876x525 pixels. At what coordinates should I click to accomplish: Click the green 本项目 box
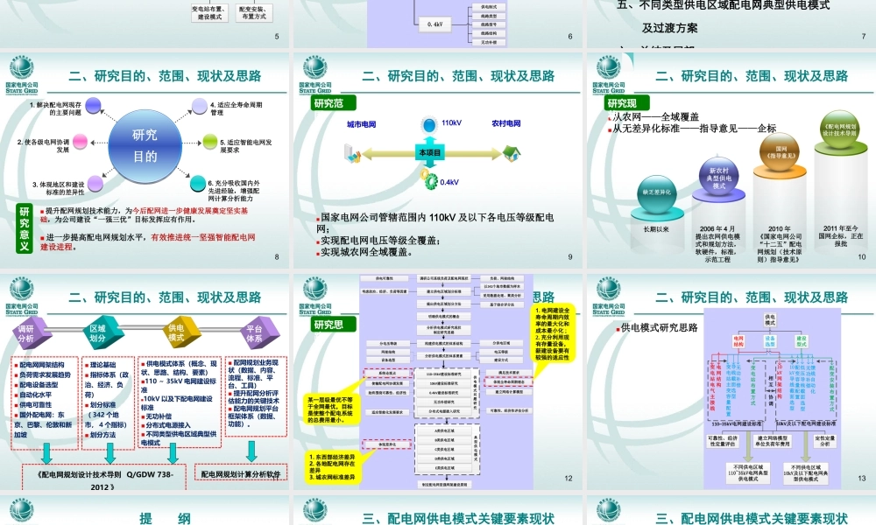click(x=431, y=152)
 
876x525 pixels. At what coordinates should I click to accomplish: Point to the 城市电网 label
click(x=361, y=124)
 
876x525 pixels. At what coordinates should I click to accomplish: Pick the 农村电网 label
click(x=505, y=124)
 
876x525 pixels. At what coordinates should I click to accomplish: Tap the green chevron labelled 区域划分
click(x=98, y=332)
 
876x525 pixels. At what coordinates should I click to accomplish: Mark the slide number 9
click(x=569, y=257)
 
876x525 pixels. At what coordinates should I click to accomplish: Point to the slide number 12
click(x=569, y=479)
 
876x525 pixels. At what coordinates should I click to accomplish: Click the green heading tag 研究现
click(x=328, y=103)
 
